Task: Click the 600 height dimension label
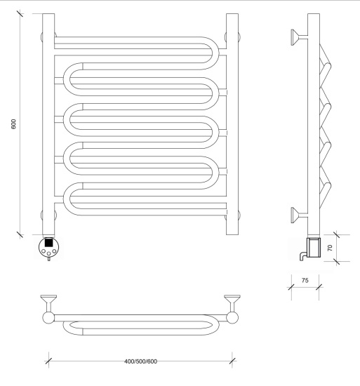point(13,124)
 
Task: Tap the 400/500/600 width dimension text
point(140,361)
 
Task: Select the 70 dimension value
point(330,248)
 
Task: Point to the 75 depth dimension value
point(305,281)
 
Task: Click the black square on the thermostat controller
point(48,243)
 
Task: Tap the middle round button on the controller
point(48,253)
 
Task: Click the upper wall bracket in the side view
point(299,37)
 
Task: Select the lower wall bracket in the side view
point(299,215)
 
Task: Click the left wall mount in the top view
point(48,303)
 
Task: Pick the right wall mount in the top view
point(232,303)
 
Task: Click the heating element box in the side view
point(314,248)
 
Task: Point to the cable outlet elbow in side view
point(303,255)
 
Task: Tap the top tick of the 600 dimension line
point(20,13)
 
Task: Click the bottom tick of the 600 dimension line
point(20,235)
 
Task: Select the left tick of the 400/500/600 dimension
point(48,361)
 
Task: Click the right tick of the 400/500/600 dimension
point(232,361)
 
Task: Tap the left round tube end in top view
point(48,318)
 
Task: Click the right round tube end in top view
point(232,318)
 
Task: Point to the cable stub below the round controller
point(48,259)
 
